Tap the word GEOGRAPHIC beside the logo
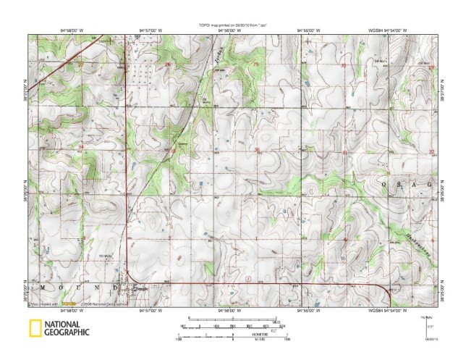(66, 332)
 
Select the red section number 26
(169, 64)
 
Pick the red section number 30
(343, 65)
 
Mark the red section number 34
(81, 148)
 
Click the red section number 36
(257, 150)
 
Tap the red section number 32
(431, 151)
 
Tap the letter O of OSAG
(384, 185)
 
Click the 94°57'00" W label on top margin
(150, 30)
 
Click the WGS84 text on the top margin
(375, 30)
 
